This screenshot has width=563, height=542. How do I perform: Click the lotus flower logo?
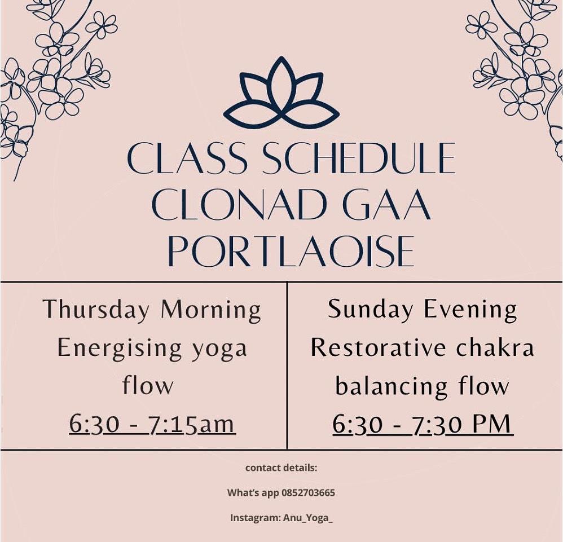[x=281, y=92]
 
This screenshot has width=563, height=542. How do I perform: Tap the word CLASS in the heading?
[x=187, y=158]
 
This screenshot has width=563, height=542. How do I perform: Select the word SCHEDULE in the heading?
[x=359, y=158]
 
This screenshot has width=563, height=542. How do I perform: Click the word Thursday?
[x=96, y=310]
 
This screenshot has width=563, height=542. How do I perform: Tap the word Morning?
[x=211, y=310]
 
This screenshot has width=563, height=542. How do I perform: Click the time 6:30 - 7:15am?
[x=152, y=424]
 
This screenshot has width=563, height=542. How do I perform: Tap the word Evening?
[x=470, y=310]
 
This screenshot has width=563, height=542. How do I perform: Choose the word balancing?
[x=391, y=387]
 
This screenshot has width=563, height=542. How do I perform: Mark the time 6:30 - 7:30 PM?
[x=423, y=424]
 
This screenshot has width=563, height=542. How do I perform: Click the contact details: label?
[x=281, y=468]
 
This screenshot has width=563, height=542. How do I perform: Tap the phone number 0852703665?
[x=309, y=493]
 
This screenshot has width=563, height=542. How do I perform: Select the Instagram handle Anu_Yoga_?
[x=307, y=518]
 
